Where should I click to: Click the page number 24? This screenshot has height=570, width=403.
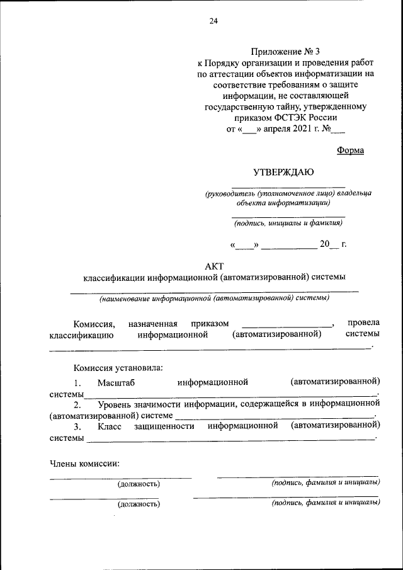click(213, 21)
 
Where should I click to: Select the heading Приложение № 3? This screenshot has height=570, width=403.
click(285, 51)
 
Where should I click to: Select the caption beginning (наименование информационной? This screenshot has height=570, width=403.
click(213, 298)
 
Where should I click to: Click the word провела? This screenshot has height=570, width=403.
click(363, 322)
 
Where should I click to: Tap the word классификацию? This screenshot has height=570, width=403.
click(81, 334)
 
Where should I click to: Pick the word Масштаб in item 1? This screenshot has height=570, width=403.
click(116, 382)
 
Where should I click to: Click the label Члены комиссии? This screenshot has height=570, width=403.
click(84, 464)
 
